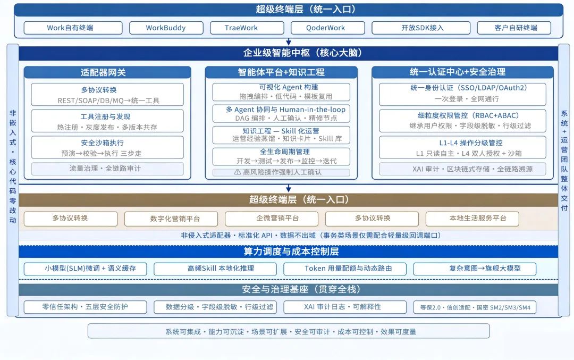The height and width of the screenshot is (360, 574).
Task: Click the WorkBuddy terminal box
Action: tap(166, 28)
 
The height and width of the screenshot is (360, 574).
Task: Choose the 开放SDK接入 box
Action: tap(421, 28)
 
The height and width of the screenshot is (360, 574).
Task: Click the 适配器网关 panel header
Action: tap(107, 72)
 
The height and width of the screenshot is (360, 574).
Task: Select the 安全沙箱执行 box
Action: tap(107, 148)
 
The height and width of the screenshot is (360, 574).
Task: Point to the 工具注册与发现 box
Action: tap(107, 121)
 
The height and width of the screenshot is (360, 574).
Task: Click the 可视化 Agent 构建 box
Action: tap(281, 92)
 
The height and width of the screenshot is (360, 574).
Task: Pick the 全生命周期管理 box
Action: tap(281, 156)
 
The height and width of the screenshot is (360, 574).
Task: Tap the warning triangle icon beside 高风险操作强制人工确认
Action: tap(237, 172)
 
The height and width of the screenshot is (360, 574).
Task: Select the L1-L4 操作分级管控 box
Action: tap(462, 148)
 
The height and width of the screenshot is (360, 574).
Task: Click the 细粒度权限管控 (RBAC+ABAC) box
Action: tap(462, 121)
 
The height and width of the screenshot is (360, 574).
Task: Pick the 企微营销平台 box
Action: tap(272, 219)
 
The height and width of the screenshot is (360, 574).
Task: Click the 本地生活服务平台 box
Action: tap(472, 219)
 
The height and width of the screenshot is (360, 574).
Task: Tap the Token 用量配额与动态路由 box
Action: tap(345, 269)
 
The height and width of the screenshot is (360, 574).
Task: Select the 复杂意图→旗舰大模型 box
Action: tap(475, 269)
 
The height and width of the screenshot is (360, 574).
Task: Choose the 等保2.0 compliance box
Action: tap(475, 307)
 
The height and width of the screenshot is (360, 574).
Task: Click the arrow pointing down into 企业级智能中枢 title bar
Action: tap(289, 42)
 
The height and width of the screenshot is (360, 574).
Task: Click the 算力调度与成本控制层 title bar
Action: tap(289, 252)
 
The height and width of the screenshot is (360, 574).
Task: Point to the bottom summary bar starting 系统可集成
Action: tap(289, 331)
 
